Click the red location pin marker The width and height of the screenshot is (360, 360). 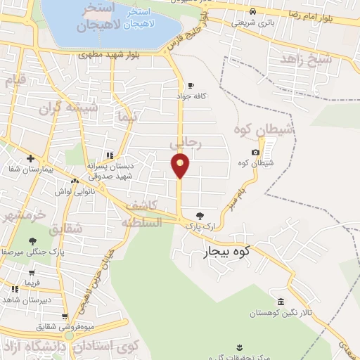coord(180,166)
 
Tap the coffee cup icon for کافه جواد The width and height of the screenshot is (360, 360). coord(191,86)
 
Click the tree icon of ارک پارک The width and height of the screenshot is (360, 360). coord(200,216)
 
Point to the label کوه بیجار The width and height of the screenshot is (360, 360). coord(227,250)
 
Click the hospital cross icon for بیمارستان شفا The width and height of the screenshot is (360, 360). coord(30,159)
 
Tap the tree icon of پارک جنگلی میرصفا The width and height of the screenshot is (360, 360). coord(33,241)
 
